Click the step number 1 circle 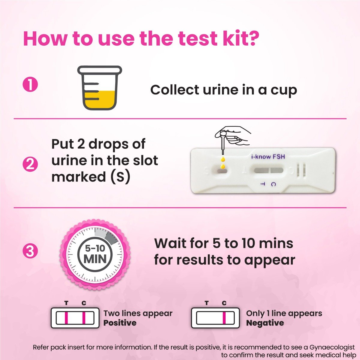point(30,85)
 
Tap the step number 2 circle point(30,165)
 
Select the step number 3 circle point(30,251)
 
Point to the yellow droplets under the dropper point(223,162)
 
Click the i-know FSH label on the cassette point(268,156)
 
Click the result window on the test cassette point(268,170)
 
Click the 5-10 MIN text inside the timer point(95,254)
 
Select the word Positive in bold point(120,323)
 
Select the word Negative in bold point(265,323)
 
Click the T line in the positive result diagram point(67,318)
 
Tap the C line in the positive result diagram point(84,318)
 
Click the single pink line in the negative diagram point(224,318)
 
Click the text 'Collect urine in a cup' point(223,90)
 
